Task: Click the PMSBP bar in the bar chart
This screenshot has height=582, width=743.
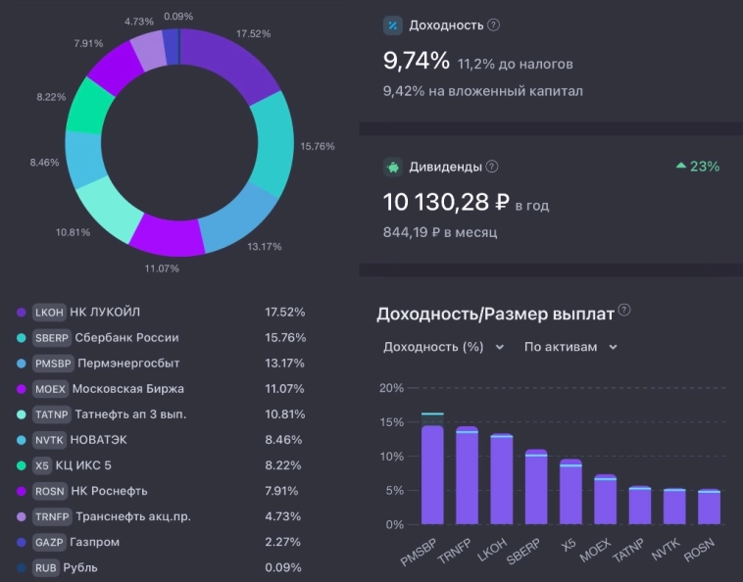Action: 432,474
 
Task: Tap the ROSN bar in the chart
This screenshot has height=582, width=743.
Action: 709,508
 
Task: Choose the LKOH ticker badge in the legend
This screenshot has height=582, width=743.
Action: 49,313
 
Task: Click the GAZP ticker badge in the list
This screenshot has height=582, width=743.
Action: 49,542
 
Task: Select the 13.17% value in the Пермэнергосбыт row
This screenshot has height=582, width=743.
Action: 284,364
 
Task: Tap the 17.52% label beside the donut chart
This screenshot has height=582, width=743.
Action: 254,33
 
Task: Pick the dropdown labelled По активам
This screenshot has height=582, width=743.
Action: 570,347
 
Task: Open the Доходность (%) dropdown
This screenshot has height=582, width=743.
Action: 443,347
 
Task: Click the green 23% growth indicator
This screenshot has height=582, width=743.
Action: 697,167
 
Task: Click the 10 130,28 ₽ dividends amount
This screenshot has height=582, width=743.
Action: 445,203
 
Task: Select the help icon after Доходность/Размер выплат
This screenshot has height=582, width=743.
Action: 624,311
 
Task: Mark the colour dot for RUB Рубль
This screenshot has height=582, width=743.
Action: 21,567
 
